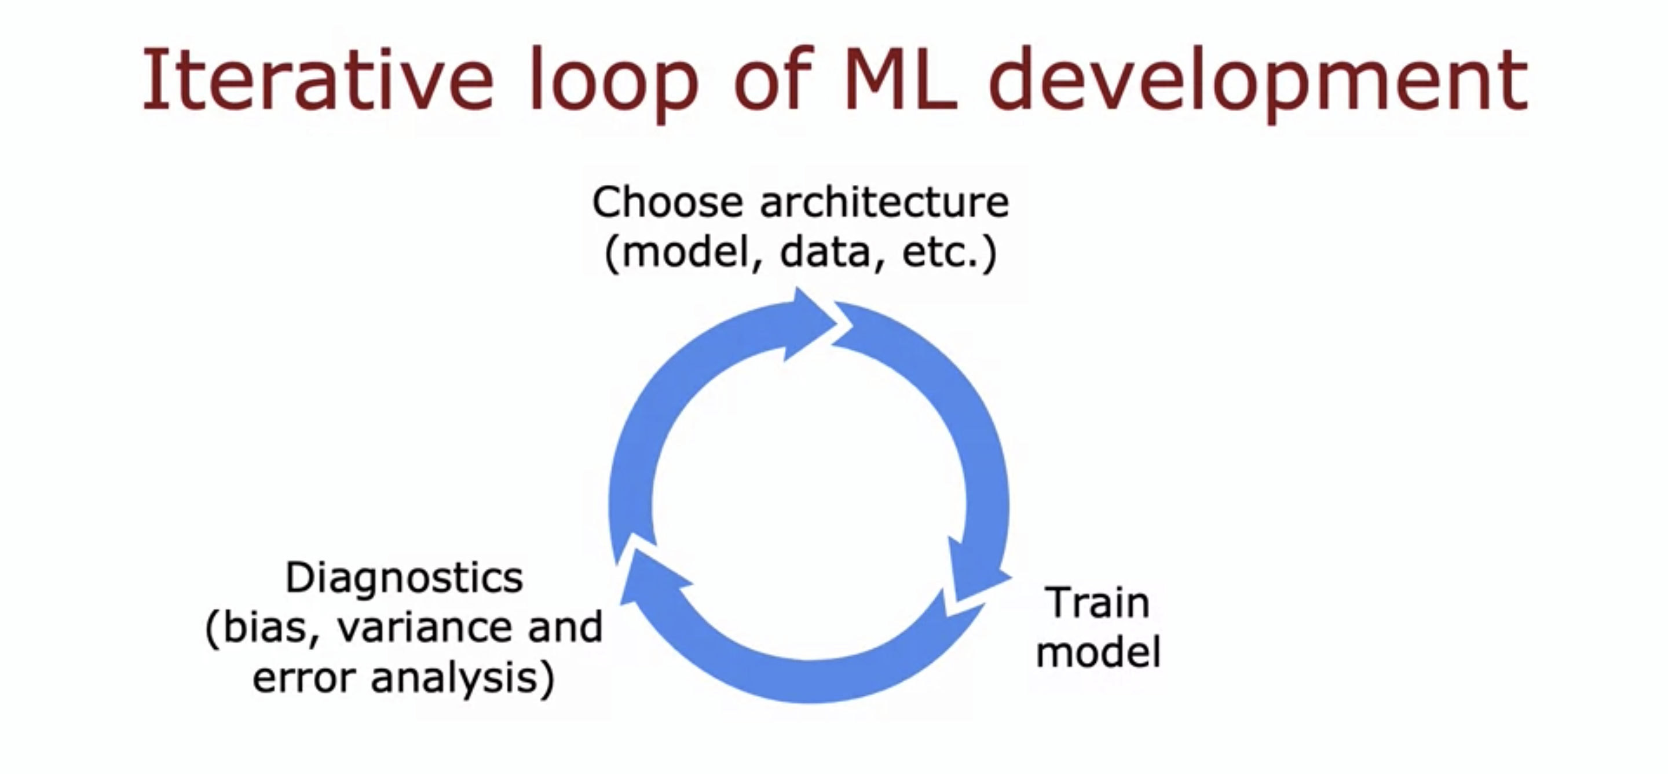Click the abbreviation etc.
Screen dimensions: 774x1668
pyautogui.click(x=945, y=252)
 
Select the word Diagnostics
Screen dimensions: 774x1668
pyautogui.click(x=404, y=577)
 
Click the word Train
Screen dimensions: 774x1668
pyautogui.click(x=1098, y=603)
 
